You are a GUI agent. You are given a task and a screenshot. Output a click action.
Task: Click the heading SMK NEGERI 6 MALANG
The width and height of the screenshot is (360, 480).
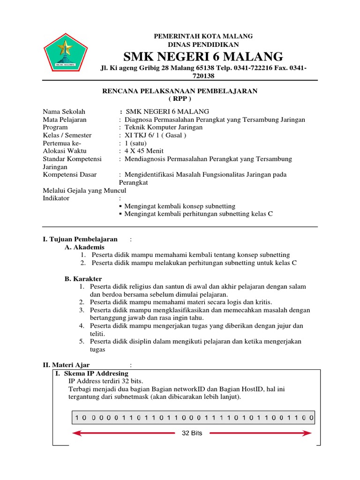[x=203, y=57]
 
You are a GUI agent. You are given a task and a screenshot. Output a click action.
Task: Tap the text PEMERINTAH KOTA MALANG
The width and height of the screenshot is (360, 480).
[x=203, y=36]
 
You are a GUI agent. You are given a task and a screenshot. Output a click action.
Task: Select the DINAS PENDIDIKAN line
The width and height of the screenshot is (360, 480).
[x=203, y=44]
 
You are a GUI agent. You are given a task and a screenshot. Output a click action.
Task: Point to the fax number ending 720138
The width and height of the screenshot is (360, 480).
[x=203, y=76]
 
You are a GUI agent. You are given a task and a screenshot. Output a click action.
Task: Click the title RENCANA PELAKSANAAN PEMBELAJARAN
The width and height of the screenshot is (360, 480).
[x=180, y=91]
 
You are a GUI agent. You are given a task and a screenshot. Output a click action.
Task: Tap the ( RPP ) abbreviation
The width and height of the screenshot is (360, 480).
[x=180, y=99]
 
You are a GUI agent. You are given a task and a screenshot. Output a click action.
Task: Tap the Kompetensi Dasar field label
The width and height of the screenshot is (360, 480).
[x=70, y=174]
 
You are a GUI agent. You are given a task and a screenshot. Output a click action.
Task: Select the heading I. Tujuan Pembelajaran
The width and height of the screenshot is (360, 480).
[x=80, y=240]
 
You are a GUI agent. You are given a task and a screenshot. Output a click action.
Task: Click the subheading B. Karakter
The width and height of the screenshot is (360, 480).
[x=83, y=278]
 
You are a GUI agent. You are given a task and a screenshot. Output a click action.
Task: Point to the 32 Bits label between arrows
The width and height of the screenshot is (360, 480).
[x=192, y=433]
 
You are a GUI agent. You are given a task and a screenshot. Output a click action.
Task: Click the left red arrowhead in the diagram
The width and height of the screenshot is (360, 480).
[x=75, y=433]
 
